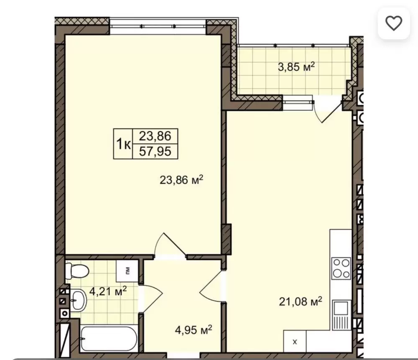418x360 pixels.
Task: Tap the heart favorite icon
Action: tap(394, 23)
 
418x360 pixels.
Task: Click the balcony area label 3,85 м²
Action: tap(296, 66)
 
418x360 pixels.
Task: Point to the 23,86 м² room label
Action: tap(182, 180)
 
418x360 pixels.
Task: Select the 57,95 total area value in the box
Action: tap(155, 151)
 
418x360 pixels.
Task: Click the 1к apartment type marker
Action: tap(123, 144)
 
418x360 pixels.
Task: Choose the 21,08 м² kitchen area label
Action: tap(300, 301)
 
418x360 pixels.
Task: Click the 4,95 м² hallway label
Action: tap(194, 330)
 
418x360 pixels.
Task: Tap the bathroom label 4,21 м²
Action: tap(108, 291)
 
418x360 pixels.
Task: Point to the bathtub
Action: tap(109, 339)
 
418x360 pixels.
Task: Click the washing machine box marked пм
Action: tap(128, 271)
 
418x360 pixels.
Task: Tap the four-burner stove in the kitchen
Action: tap(341, 268)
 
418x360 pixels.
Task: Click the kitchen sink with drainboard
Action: tap(341, 315)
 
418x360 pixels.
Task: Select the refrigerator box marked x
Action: tap(295, 341)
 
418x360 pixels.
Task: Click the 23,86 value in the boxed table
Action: tap(155, 136)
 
